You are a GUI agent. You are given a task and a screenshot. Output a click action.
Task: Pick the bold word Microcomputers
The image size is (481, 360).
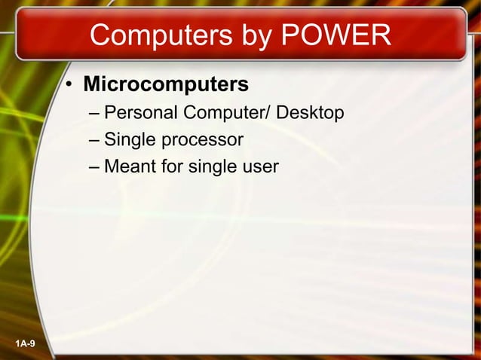click(165, 83)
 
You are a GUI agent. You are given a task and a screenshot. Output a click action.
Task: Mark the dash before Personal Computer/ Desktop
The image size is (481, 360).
click(93, 114)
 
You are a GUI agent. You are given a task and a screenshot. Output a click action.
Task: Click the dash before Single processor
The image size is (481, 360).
click(93, 140)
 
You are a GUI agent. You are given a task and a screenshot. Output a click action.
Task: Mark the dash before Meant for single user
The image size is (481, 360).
click(93, 166)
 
